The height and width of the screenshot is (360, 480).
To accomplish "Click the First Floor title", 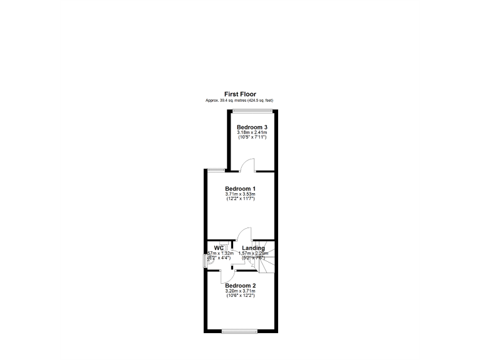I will coord(240,94).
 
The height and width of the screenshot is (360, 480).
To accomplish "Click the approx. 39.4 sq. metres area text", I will coord(240,101).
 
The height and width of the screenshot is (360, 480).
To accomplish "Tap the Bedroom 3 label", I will coord(252,127).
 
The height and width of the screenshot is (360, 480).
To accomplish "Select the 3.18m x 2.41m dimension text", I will coord(252,132).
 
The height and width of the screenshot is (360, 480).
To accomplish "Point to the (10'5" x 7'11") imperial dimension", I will coord(252,137).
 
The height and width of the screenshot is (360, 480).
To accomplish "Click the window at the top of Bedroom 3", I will coord(252,111).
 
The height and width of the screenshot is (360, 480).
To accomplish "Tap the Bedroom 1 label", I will coord(240,189).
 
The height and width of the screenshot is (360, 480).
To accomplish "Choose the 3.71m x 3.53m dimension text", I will coord(240,194).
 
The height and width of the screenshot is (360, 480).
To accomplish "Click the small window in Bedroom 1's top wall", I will coord(216,169).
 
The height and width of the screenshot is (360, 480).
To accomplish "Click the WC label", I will coord(219,247).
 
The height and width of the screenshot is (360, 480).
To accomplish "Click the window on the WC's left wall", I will coord(206,260).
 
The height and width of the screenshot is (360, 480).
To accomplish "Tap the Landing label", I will coord(253,248).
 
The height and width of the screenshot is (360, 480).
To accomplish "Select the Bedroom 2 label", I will coord(240,286).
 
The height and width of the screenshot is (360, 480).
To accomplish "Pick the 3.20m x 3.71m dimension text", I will coord(240,291).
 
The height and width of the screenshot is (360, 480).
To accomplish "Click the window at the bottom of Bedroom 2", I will coord(239,330).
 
